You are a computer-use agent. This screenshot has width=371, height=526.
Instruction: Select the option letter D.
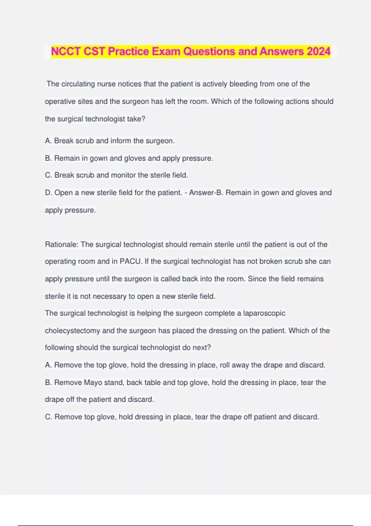point(48,192)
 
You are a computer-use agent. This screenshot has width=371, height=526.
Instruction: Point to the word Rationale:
point(62,244)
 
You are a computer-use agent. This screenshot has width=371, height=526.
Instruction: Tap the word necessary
point(109,296)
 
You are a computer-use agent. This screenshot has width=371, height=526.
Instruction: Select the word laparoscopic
point(264,313)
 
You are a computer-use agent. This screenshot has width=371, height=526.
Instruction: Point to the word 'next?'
point(202,347)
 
